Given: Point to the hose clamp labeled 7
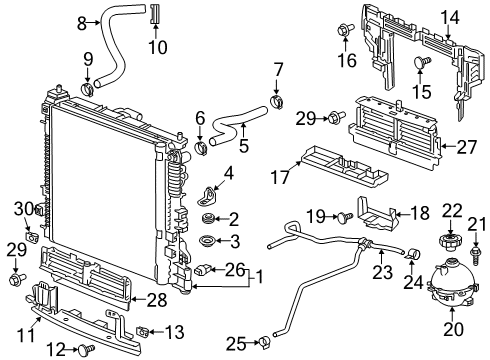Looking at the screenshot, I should tap(276, 100).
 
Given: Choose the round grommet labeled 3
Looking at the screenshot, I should tap(208, 240).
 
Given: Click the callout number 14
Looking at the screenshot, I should tap(450, 16).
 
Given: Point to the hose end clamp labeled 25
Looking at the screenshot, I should tap(265, 345).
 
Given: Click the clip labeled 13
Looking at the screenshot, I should tap(144, 329).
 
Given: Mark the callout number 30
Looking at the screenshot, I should tap(20, 208).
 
